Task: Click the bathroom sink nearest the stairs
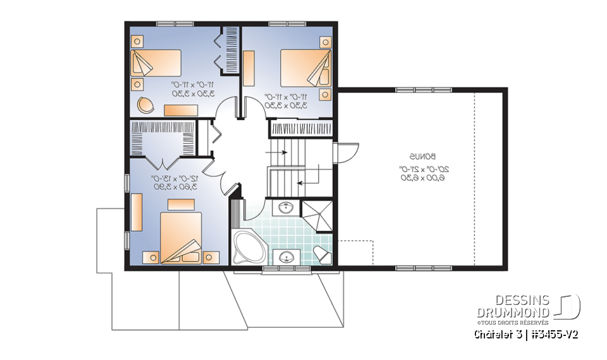285,206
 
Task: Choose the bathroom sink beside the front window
286,256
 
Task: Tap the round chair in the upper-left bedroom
145,104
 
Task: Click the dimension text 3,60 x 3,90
175,187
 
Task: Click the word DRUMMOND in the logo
513,312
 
